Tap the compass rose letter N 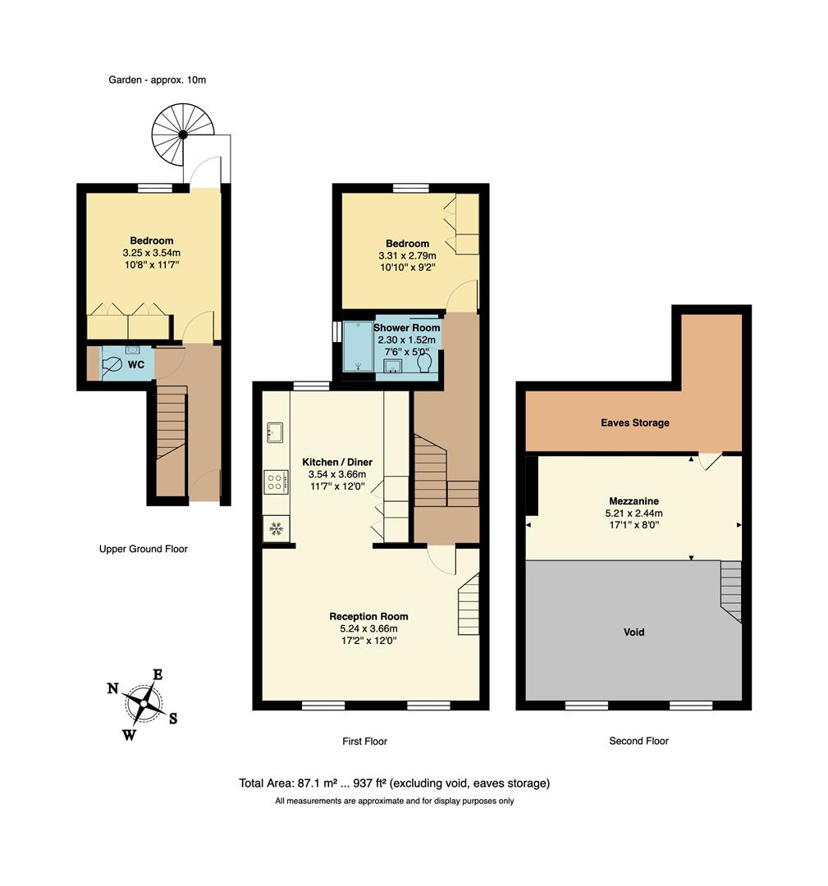click(112, 688)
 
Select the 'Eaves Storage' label click(633, 422)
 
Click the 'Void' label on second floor click(633, 633)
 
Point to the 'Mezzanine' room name click(634, 500)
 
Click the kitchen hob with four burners click(275, 482)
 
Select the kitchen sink click(275, 432)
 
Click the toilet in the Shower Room click(424, 362)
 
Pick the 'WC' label click(136, 363)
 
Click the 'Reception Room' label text click(368, 616)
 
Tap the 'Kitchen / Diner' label click(336, 461)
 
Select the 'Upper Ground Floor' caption click(143, 549)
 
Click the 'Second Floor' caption click(638, 741)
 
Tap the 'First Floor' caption click(364, 741)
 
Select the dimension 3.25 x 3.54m click(151, 253)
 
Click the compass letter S click(173, 719)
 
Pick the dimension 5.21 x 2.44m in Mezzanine click(634, 514)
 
